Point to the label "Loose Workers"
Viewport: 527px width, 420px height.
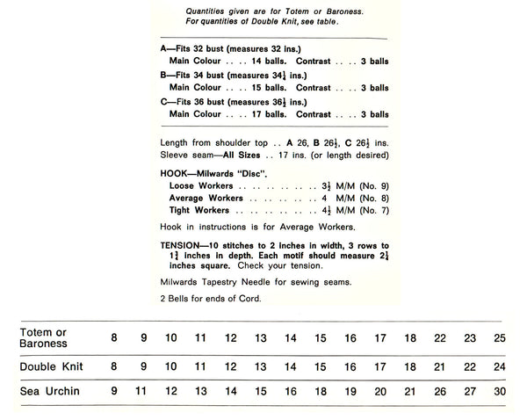click(201, 187)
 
